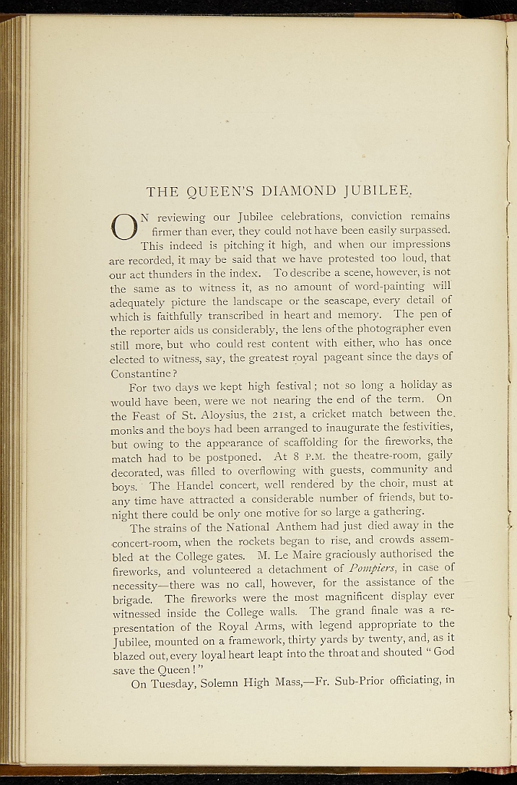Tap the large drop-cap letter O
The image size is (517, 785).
click(123, 225)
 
